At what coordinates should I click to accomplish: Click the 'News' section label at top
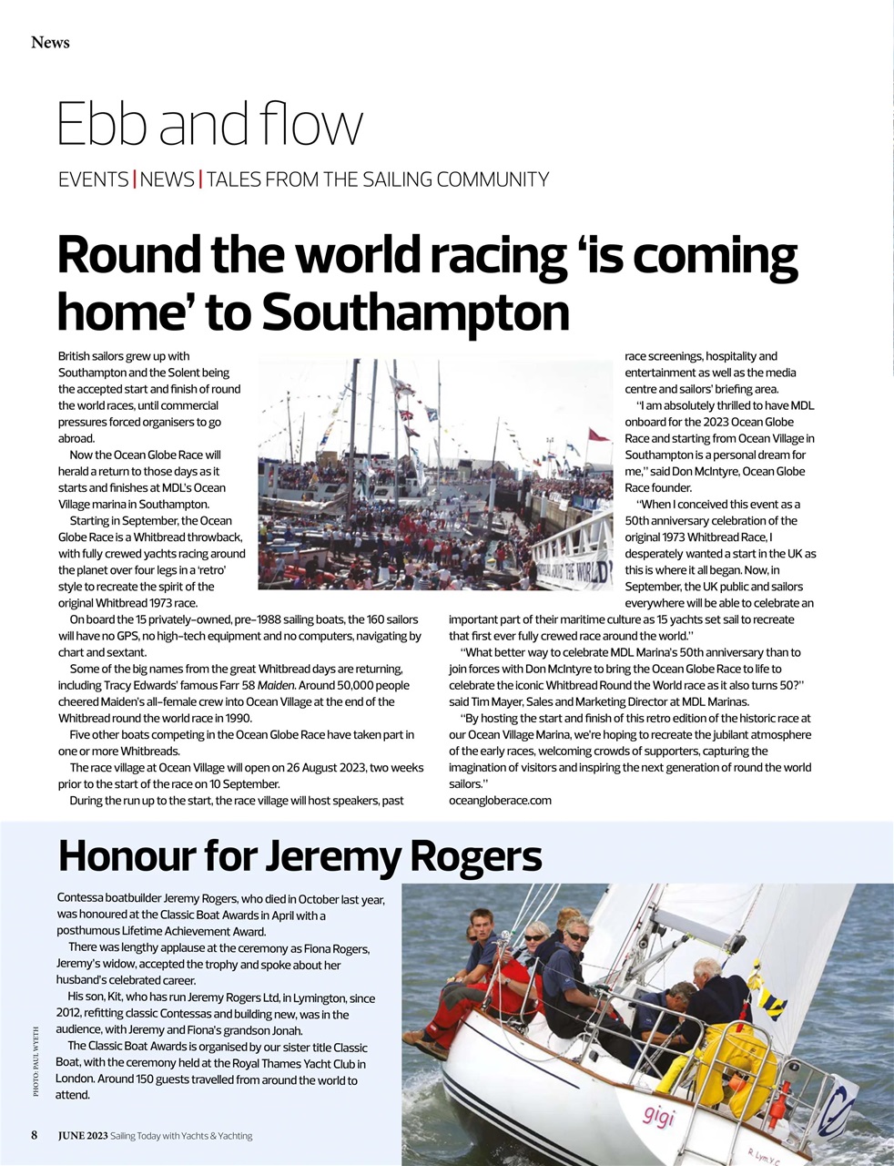click(x=50, y=42)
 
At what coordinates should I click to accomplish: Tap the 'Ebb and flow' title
click(x=209, y=124)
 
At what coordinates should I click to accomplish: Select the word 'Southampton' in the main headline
click(x=415, y=312)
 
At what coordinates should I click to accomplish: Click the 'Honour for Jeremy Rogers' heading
click(x=300, y=855)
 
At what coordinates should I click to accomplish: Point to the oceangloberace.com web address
click(x=500, y=800)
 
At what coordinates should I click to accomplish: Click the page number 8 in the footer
click(x=35, y=1135)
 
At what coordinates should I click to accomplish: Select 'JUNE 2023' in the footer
click(x=83, y=1135)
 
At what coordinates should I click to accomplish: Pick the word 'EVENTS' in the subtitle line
click(x=93, y=179)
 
